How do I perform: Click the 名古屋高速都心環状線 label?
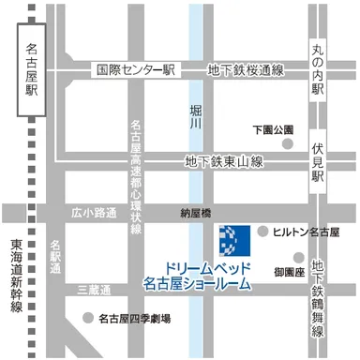(x=137, y=176)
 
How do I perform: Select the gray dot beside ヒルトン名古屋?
(x=263, y=231)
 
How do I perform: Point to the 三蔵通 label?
(x=94, y=290)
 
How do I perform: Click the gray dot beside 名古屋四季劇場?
(x=87, y=318)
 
